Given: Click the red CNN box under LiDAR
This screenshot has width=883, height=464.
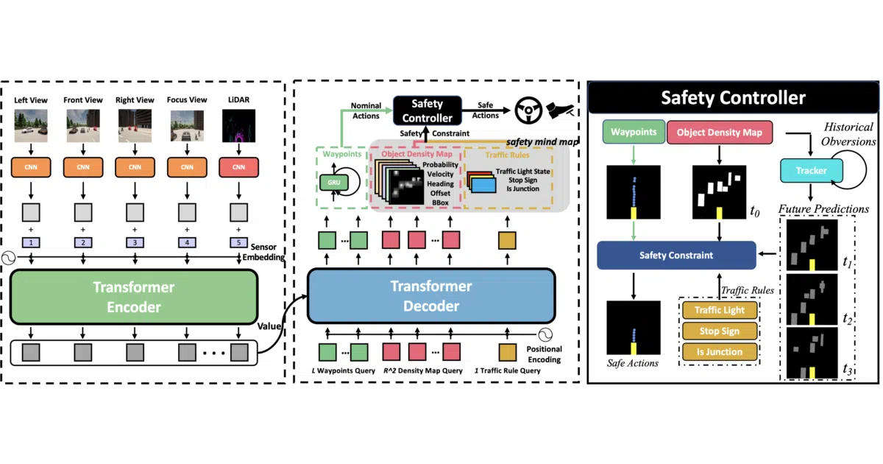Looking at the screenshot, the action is point(238,167).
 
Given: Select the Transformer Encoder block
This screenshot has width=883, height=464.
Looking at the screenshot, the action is point(134,297).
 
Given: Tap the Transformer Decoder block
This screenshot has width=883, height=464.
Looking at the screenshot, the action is point(431,296).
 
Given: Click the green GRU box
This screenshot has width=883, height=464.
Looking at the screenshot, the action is point(334,183).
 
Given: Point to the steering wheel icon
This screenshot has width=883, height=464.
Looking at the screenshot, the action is point(528,110).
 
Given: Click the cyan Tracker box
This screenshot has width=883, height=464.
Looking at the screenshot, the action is point(811,170).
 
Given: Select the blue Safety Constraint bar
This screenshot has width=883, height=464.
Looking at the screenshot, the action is point(676,256).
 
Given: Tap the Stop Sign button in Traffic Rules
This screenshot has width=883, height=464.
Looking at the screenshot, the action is point(720,331).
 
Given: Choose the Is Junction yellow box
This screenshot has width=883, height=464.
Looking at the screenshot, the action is point(720,351).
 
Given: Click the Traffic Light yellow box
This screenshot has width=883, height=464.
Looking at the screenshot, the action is point(720,310).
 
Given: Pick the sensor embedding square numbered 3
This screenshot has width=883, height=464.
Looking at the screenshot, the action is point(135,242).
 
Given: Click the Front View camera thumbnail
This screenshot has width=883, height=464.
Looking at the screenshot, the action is point(82,126).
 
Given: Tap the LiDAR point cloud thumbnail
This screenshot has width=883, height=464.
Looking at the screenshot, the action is point(238,126).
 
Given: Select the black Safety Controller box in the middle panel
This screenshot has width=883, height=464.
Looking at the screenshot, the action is point(428,110).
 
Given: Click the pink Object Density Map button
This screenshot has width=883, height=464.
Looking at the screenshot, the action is point(720,132).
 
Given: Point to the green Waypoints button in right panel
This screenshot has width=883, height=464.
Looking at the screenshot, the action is point(634,132).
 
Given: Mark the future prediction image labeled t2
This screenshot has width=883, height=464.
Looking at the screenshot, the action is point(812,300).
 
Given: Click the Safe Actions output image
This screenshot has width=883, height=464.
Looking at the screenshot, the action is point(633,328).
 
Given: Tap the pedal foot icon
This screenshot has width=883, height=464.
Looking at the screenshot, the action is point(560,110).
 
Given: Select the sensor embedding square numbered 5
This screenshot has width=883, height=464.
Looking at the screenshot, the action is point(238,242).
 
